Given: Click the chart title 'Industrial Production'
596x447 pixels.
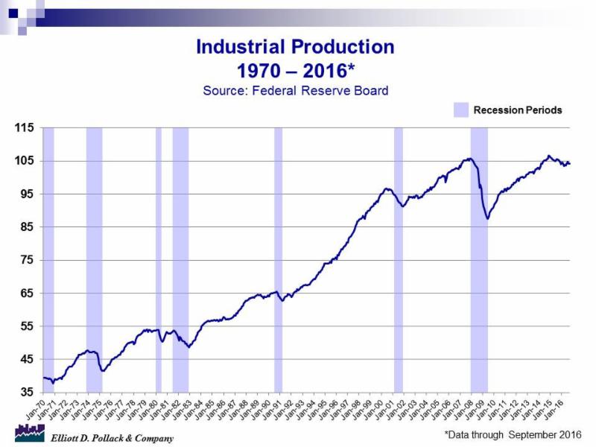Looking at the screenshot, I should click(295, 48).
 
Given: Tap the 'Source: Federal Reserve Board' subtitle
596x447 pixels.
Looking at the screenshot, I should click(296, 91).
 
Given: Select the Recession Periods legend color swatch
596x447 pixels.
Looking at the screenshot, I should click(461, 110).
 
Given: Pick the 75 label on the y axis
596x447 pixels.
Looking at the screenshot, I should click(26, 260).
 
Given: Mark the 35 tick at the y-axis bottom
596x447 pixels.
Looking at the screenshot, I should click(26, 392).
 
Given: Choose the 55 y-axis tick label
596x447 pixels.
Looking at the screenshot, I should click(26, 326).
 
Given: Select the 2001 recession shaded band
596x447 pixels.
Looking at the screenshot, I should click(399, 261).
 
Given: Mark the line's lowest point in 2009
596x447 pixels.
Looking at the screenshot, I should click(487, 218).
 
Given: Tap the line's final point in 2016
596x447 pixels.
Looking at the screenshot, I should click(570, 163).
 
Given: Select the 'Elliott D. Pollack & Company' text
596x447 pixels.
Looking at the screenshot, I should click(112, 438).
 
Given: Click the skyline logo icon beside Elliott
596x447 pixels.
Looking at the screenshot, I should click(30, 433).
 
